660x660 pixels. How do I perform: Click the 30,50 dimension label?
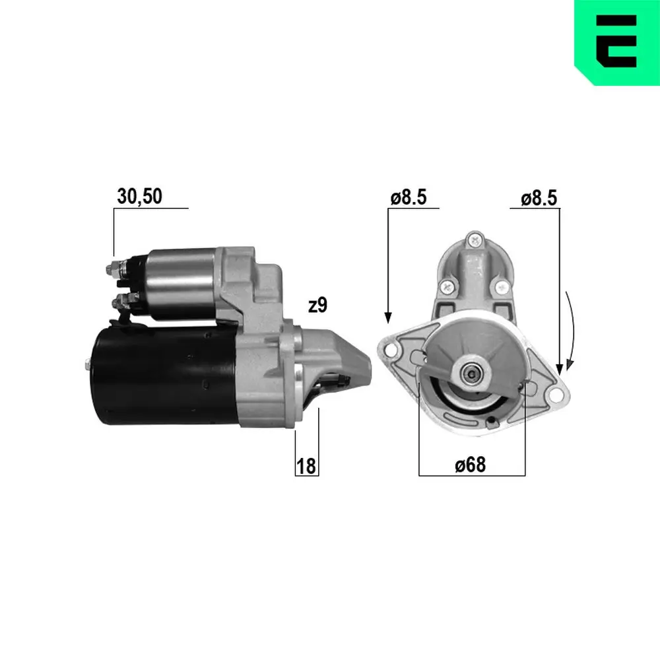(x=139, y=196)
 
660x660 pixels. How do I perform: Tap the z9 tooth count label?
(x=317, y=305)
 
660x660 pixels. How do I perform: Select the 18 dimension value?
(x=306, y=467)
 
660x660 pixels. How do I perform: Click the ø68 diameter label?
(x=470, y=465)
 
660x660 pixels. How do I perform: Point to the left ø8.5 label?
(x=409, y=197)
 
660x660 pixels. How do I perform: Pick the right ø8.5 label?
(x=539, y=197)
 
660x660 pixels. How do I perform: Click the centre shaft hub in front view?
(x=473, y=373)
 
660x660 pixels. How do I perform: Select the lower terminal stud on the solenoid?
(x=119, y=303)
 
